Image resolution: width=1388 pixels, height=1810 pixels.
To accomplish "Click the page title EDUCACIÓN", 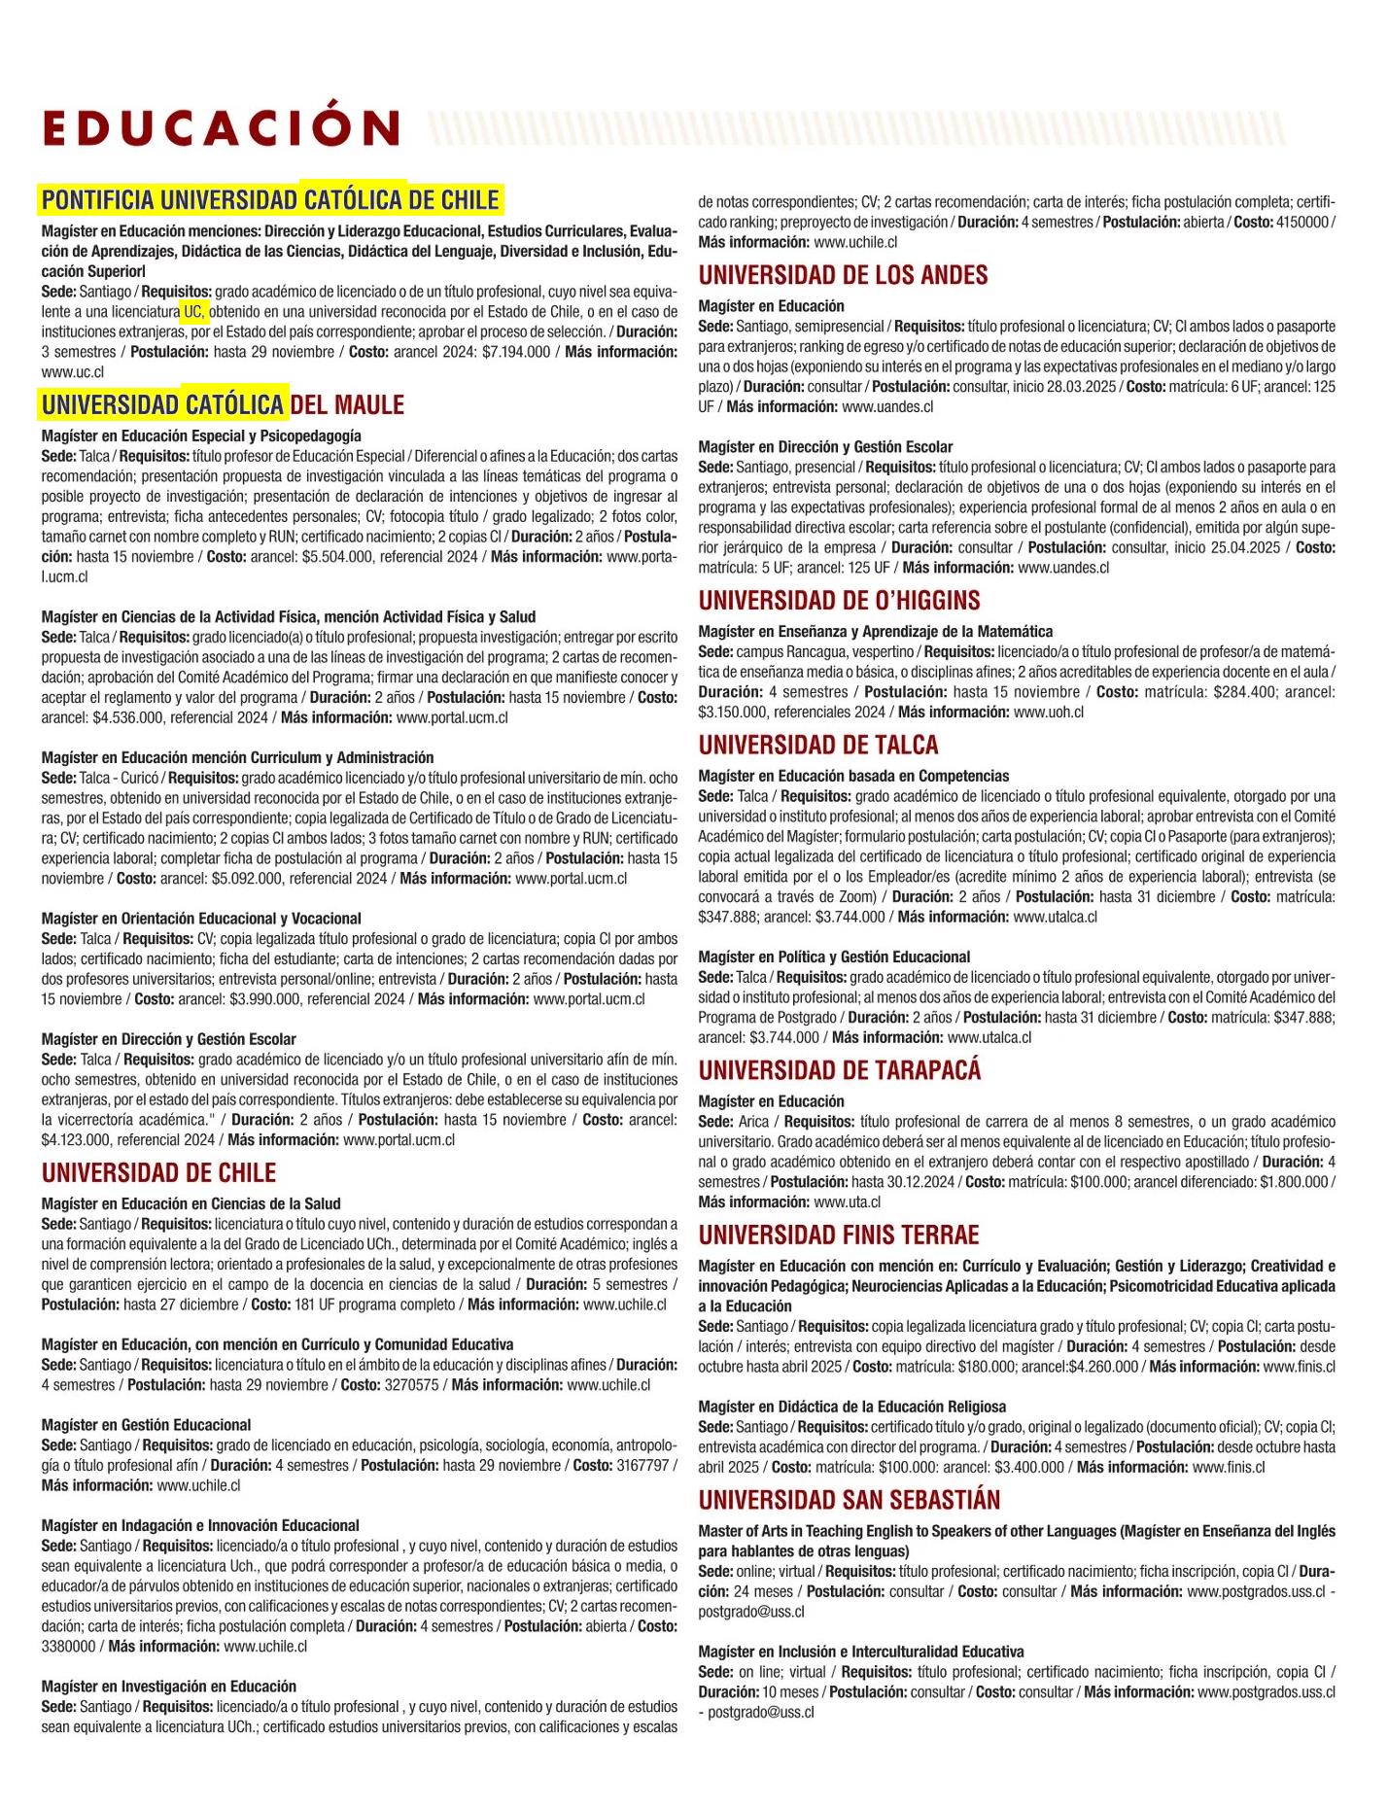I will (x=222, y=127).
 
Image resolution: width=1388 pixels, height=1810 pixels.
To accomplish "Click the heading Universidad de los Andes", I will (x=843, y=275).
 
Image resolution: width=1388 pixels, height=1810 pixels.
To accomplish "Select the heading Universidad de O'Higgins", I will (x=839, y=600).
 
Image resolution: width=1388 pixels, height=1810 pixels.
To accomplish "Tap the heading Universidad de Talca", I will (x=818, y=745).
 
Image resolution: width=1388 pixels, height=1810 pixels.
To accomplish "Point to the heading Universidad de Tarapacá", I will (x=839, y=1070).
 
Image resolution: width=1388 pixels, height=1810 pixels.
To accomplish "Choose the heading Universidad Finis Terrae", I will (x=838, y=1235).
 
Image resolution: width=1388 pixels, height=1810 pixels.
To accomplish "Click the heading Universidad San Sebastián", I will (x=849, y=1500).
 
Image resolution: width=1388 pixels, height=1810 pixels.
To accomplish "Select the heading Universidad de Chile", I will (x=158, y=1172).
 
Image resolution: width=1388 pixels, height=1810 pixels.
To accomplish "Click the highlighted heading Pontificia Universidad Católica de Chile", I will (x=270, y=200).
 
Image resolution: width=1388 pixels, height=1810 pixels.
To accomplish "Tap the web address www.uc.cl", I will (x=73, y=372).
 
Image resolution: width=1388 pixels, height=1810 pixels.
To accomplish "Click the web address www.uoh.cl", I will (x=1048, y=713).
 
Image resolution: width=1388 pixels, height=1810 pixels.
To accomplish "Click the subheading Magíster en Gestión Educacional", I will (x=146, y=1425).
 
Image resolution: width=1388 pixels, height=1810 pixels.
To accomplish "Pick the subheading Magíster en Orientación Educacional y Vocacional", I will (x=201, y=919).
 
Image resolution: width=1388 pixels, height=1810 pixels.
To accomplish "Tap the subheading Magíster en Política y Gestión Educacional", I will (x=834, y=957).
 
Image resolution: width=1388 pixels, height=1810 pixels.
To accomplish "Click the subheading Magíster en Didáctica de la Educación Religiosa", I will (x=851, y=1407).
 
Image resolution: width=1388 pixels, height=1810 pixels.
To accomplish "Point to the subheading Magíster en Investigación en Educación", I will (x=168, y=1687).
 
